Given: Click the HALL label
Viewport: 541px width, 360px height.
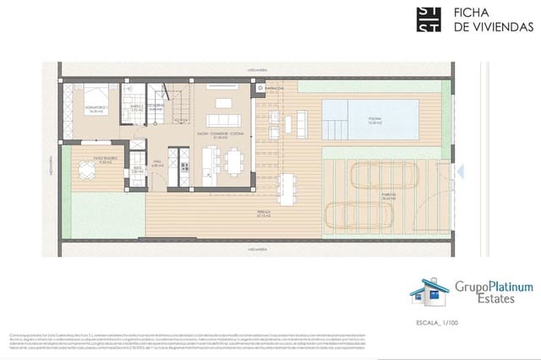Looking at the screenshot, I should tap(157, 164).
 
